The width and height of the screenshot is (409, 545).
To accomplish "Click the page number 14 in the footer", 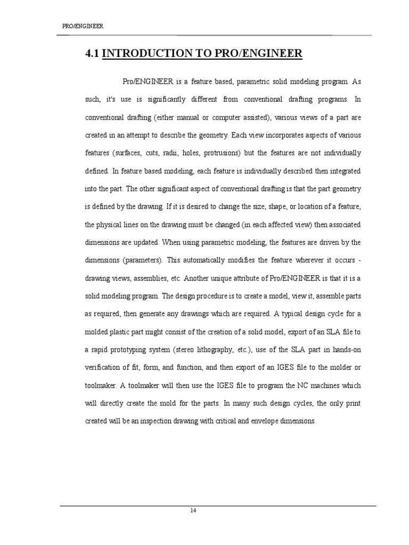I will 193,510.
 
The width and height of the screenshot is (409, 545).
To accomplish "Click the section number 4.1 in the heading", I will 92,54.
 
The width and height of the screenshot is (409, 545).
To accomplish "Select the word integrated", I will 343,171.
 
